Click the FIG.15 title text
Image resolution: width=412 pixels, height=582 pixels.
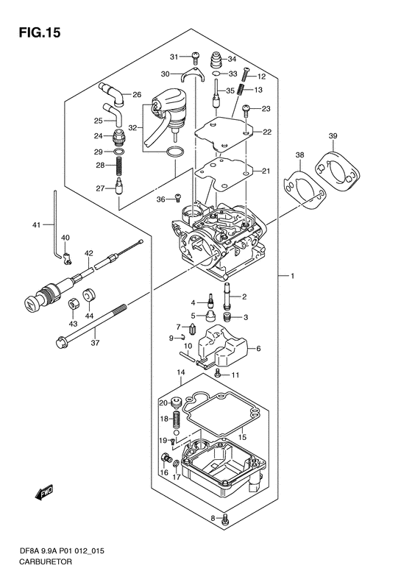[40, 32]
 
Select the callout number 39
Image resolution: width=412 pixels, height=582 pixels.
[333, 136]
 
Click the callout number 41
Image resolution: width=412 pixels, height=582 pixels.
[36, 224]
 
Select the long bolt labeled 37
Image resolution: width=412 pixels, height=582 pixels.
[91, 324]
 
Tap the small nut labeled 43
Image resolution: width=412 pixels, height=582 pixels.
[73, 305]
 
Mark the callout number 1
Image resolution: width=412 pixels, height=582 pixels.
[293, 276]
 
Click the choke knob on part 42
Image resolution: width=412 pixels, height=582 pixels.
[34, 299]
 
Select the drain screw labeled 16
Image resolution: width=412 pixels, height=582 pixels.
[166, 459]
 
